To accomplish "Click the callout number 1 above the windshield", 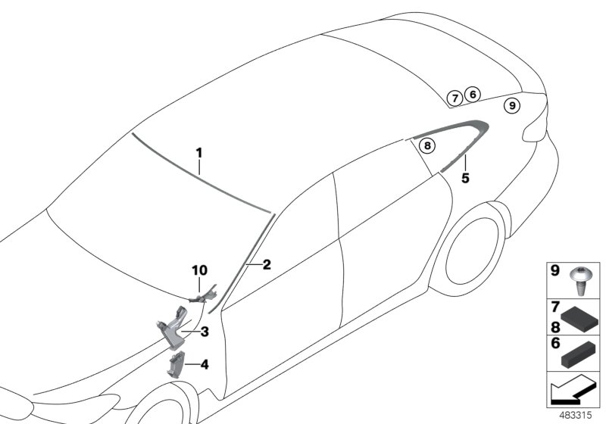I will click(199, 152).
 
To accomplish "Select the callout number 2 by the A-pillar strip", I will click(267, 265).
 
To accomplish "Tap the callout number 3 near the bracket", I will click(205, 331).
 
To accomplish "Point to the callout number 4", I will click(205, 364).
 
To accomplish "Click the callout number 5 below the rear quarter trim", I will click(466, 179).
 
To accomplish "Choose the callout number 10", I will click(198, 270).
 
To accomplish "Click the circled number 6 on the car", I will click(472, 94).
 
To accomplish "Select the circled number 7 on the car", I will click(454, 98).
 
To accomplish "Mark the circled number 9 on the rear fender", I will click(512, 106).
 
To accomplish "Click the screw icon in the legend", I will click(585, 279).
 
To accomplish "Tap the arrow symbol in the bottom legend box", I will click(573, 393).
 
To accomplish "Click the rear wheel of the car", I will click(476, 249).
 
